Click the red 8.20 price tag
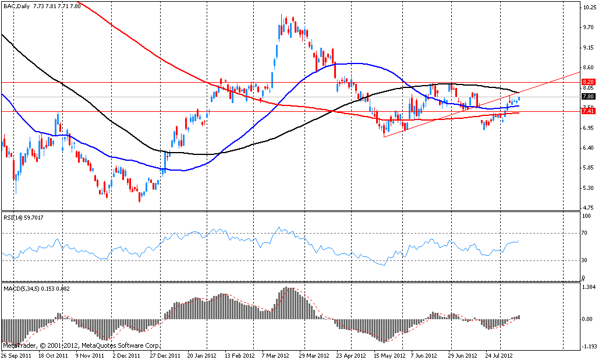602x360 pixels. pyautogui.click(x=587, y=82)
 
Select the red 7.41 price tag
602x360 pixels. pyautogui.click(x=587, y=111)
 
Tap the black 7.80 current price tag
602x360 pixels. pyautogui.click(x=587, y=97)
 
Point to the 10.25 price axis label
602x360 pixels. pyautogui.click(x=588, y=8)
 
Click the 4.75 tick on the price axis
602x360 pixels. pyautogui.click(x=587, y=207)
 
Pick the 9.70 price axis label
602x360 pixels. pyautogui.click(x=587, y=27)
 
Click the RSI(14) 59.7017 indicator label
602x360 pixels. pyautogui.click(x=23, y=217)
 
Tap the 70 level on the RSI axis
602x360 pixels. pyautogui.click(x=585, y=233)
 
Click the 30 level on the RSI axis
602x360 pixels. pyautogui.click(x=585, y=260)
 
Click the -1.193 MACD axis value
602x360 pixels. pyautogui.click(x=588, y=345)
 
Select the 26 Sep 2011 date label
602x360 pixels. pyautogui.click(x=16, y=355)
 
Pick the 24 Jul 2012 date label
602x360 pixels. pyautogui.click(x=500, y=355)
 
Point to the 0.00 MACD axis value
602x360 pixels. pyautogui.click(x=587, y=319)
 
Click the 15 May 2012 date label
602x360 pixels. pyautogui.click(x=389, y=355)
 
